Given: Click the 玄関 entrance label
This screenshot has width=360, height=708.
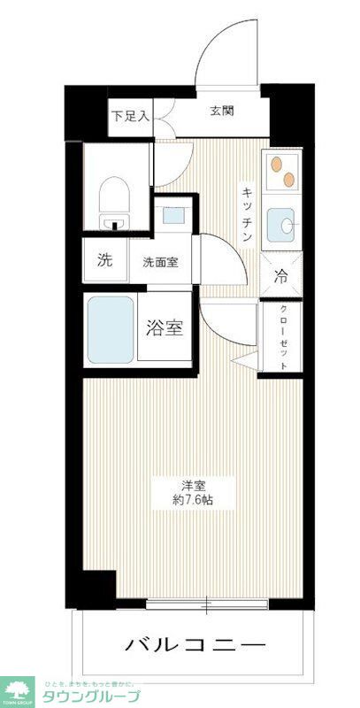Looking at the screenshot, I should click(222, 112).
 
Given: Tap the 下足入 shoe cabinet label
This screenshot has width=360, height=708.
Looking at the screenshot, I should click(130, 115).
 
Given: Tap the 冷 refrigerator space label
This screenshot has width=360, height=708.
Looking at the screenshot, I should click(281, 276).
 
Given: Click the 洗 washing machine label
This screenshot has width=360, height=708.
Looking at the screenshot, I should click(105, 261).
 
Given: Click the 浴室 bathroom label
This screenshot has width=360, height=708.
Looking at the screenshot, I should click(165, 327).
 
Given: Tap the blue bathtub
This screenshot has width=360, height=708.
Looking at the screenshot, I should click(111, 329).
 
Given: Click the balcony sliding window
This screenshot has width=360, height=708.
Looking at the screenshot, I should click(208, 605).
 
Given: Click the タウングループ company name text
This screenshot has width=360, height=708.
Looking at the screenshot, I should click(88, 696).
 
